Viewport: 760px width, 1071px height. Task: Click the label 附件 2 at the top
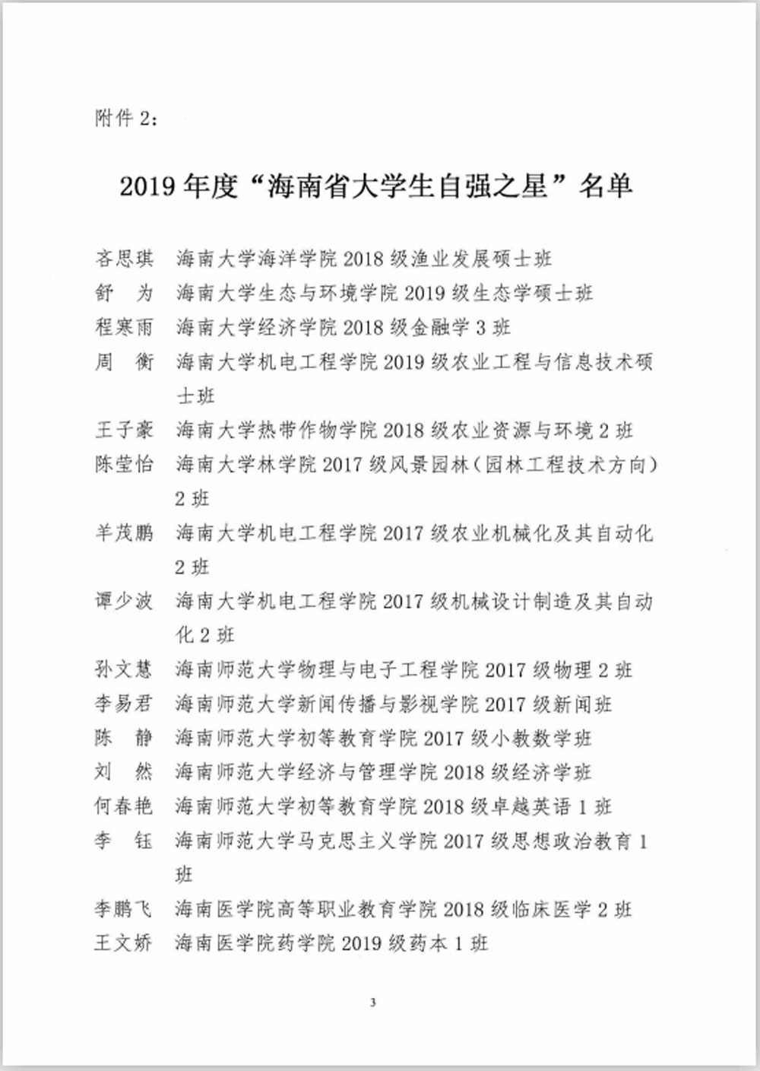tap(126, 119)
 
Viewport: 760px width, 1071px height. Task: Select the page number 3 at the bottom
tap(372, 1003)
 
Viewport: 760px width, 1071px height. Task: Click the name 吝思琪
tap(124, 259)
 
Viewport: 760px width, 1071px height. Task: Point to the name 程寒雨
tap(124, 327)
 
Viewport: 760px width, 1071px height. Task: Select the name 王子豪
tap(124, 431)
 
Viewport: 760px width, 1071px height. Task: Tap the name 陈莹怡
tap(124, 465)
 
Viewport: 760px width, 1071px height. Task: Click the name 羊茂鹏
tap(124, 533)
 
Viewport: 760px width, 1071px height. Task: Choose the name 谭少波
tap(124, 602)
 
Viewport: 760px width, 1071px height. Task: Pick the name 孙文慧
tap(124, 670)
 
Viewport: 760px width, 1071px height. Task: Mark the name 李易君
tap(124, 704)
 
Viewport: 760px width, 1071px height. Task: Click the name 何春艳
tap(124, 806)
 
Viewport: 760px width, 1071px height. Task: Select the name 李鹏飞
tap(124, 909)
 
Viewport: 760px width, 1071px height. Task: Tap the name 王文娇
tap(124, 943)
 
